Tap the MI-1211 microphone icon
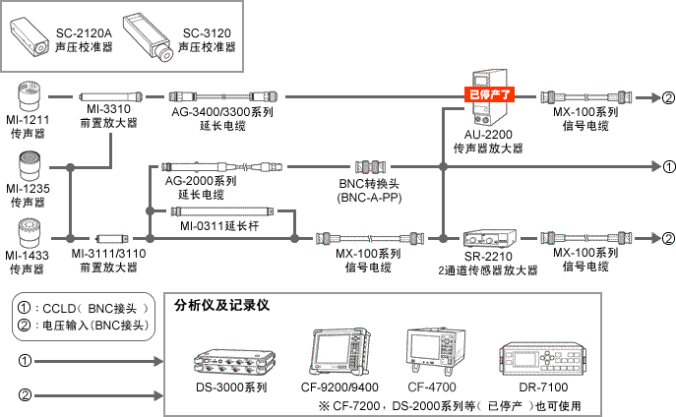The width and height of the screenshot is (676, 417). click(x=31, y=98)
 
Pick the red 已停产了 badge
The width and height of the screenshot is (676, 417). click(x=491, y=96)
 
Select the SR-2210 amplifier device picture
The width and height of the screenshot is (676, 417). click(x=486, y=238)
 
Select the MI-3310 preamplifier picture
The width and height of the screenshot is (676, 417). click(x=109, y=98)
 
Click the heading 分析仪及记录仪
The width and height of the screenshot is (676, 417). click(x=222, y=305)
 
